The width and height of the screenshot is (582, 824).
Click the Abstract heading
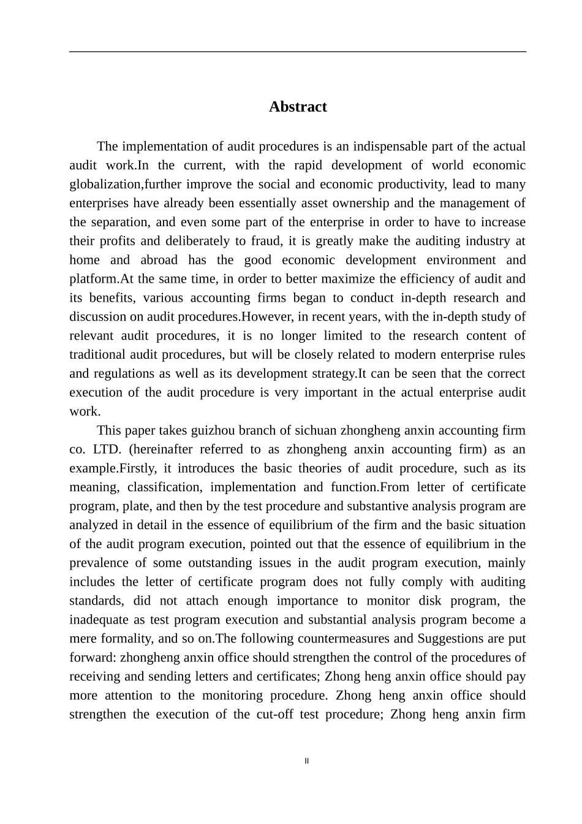298,107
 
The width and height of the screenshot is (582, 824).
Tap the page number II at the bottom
307,761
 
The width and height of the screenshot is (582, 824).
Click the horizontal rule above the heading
298,51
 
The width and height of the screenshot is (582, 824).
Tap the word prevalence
97,563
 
